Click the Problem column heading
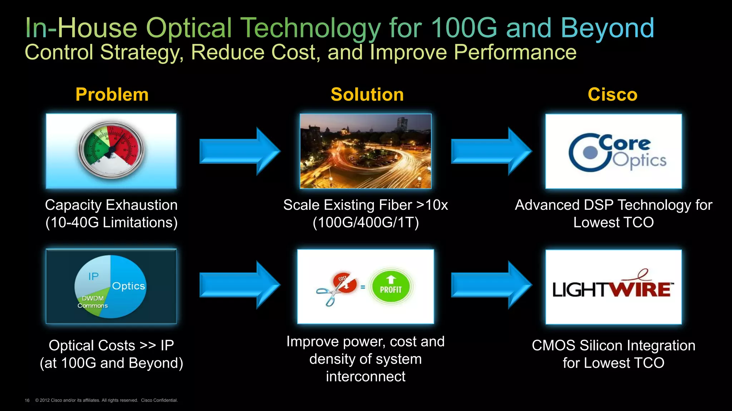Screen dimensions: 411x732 (112, 95)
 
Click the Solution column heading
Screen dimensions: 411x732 (367, 95)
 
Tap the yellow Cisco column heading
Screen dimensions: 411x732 (612, 95)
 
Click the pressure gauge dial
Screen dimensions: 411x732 (111, 150)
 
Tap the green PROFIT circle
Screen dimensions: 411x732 (391, 286)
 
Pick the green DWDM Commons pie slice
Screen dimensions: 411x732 (95, 305)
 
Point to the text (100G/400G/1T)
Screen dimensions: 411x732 (365, 223)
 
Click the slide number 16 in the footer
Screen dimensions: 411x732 (27, 400)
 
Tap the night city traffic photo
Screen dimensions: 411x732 (365, 151)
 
